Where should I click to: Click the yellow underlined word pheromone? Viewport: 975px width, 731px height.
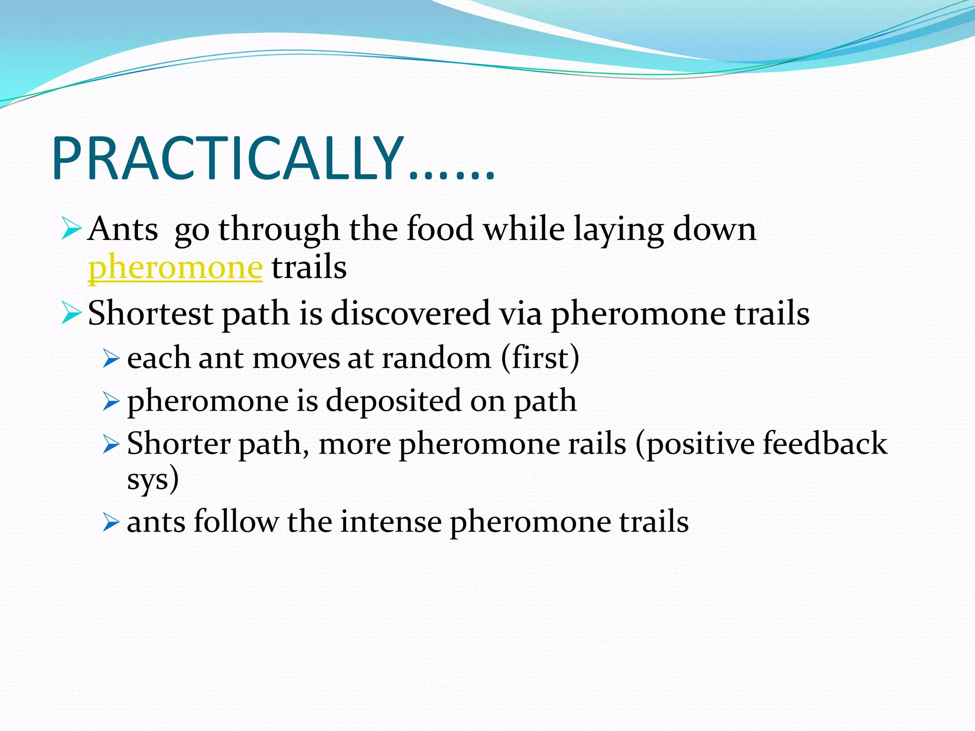click(x=175, y=267)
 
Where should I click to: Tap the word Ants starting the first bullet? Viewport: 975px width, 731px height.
click(x=123, y=229)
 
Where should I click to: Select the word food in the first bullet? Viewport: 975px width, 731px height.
click(x=440, y=229)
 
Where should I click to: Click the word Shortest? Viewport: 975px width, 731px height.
click(x=150, y=314)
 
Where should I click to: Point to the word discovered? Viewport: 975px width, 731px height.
click(x=410, y=314)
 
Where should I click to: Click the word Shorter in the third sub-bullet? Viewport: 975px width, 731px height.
click(x=178, y=444)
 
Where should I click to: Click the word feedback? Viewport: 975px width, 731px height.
click(x=825, y=444)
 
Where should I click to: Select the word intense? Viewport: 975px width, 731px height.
click(x=390, y=521)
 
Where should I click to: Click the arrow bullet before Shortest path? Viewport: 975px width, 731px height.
click(x=71, y=315)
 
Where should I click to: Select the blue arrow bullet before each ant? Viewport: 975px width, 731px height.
click(x=110, y=359)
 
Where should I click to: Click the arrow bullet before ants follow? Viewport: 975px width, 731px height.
click(x=110, y=523)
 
